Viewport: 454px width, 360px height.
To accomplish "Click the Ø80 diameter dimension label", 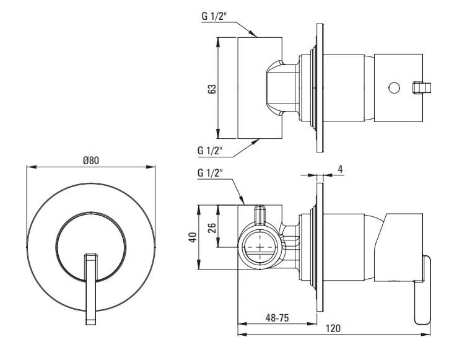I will click(x=90, y=160).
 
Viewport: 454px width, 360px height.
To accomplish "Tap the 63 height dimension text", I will click(x=212, y=88).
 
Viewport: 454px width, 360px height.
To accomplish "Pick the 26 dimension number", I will click(x=211, y=227).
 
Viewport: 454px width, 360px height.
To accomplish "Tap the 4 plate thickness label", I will click(x=341, y=168).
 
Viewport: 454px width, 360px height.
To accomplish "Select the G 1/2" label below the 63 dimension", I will click(x=211, y=151).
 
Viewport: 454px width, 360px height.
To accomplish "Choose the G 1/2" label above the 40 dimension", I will click(x=211, y=172).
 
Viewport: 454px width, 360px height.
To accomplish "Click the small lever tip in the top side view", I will click(x=421, y=87).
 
